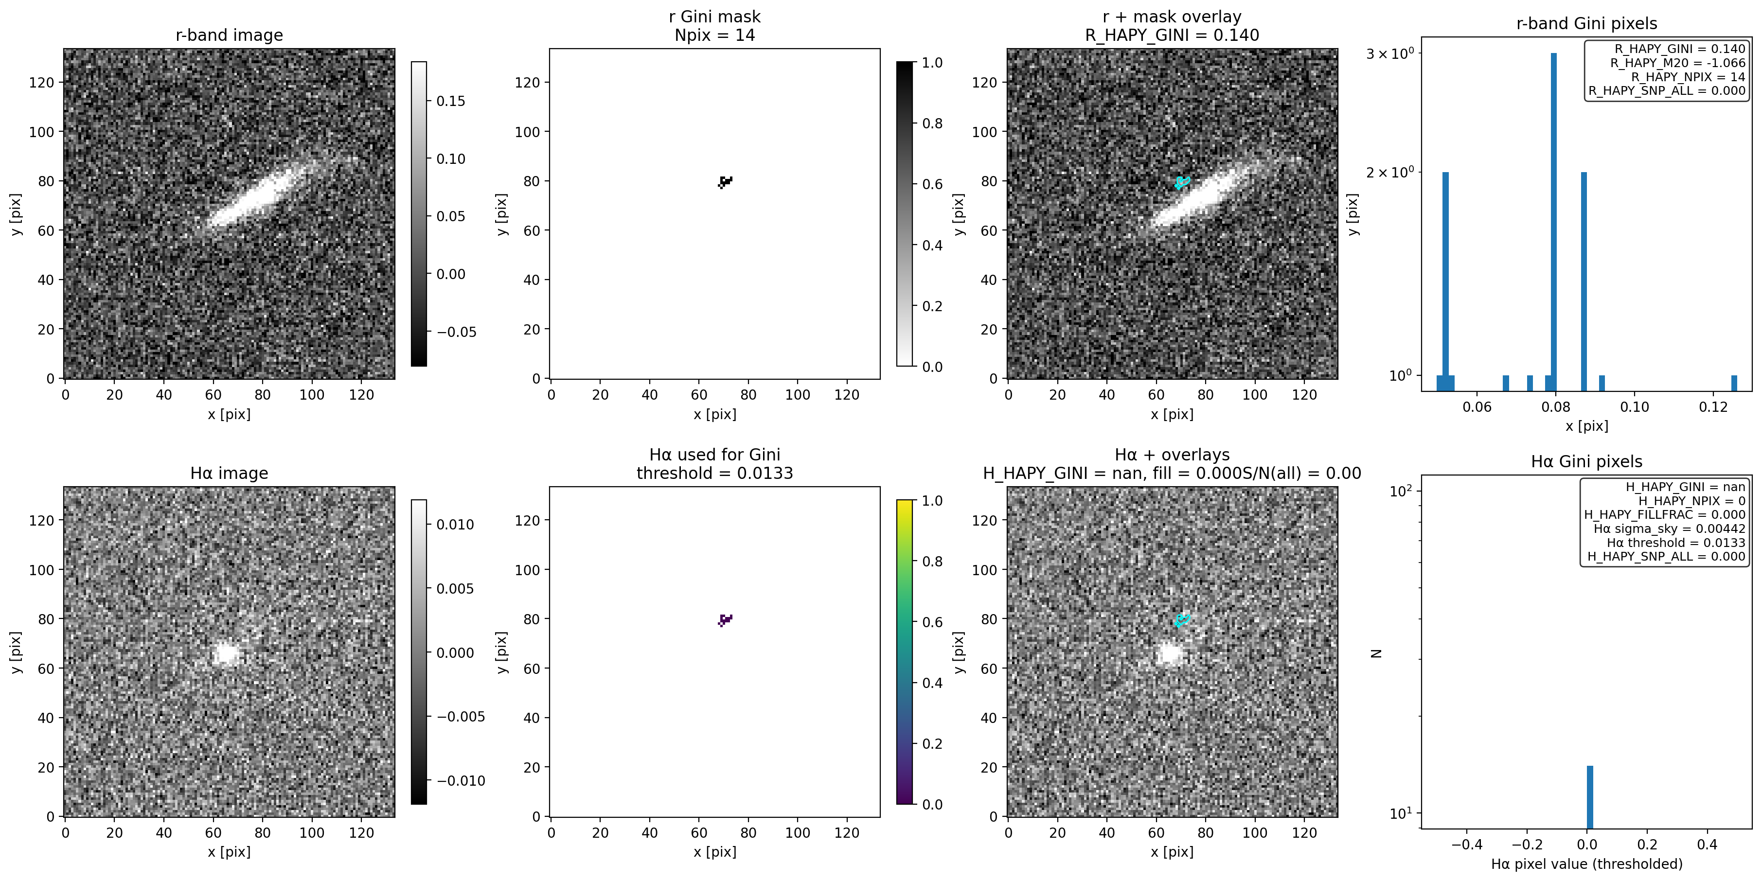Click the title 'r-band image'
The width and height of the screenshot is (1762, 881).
pyautogui.click(x=229, y=35)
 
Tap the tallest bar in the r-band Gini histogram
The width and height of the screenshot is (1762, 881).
pyautogui.click(x=1553, y=219)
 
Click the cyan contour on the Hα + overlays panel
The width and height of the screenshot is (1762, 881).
pyautogui.click(x=1182, y=620)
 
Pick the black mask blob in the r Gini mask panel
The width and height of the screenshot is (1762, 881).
pyautogui.click(x=725, y=181)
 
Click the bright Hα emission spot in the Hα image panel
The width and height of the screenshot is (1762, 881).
pyautogui.click(x=225, y=654)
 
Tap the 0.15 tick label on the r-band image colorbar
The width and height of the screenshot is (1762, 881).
pyautogui.click(x=451, y=101)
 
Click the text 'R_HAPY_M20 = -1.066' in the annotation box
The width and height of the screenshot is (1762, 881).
pyautogui.click(x=1677, y=63)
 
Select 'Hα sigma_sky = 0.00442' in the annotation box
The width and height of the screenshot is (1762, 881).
pyautogui.click(x=1669, y=529)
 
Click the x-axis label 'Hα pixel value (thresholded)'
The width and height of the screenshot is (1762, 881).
pyautogui.click(x=1586, y=864)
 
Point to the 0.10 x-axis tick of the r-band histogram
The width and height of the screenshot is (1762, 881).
pyautogui.click(x=1634, y=407)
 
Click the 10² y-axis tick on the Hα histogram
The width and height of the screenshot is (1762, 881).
pyautogui.click(x=1402, y=491)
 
